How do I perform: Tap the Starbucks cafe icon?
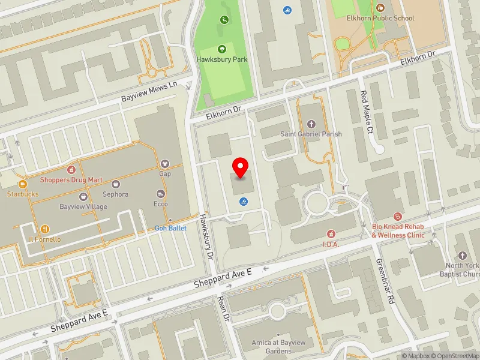[x=22, y=184]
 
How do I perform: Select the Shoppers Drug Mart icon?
[x=71, y=170]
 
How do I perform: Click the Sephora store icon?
[x=115, y=184]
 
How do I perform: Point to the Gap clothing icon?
[x=165, y=163]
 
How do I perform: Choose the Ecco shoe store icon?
[x=160, y=193]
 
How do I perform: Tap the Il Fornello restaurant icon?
[x=44, y=229]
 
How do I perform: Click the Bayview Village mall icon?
[x=83, y=197]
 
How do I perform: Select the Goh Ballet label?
[x=170, y=228]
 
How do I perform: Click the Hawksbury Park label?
[x=222, y=59]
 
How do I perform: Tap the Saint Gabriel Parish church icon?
[x=311, y=124]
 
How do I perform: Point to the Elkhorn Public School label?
[x=380, y=18]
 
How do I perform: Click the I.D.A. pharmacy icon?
[x=331, y=233]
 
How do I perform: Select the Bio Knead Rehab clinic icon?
[x=397, y=216]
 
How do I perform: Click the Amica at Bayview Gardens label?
[x=278, y=346]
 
